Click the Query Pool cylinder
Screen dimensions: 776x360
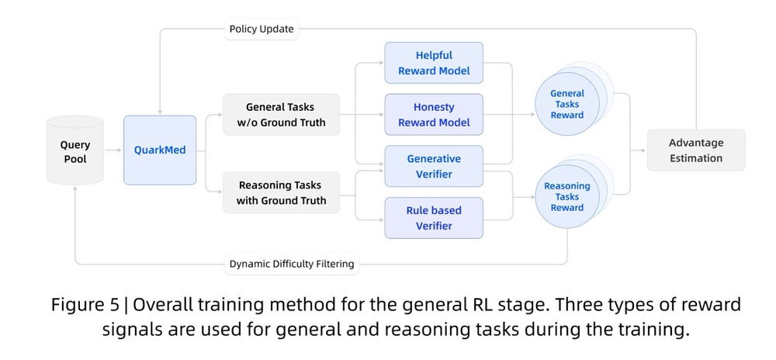pos(74,150)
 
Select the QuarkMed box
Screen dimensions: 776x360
pos(160,150)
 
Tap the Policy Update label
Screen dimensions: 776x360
pos(262,29)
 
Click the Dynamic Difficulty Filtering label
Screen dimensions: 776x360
pos(292,264)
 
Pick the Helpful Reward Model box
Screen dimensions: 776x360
pos(434,63)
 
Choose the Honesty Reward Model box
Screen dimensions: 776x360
pos(434,114)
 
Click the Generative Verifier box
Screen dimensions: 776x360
pos(434,166)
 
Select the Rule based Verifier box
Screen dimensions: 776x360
pos(434,217)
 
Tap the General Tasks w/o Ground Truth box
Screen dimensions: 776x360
pos(281,114)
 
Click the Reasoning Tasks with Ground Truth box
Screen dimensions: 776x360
pos(281,192)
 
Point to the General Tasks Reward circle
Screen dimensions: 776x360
pos(567,104)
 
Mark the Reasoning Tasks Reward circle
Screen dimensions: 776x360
pos(567,196)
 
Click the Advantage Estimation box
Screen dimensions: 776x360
pos(696,151)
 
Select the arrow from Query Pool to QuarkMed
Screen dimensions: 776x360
pos(113,150)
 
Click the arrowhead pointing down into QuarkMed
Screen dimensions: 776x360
pos(160,112)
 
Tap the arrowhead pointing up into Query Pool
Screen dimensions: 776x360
pos(75,189)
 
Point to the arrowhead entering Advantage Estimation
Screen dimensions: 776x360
pos(644,151)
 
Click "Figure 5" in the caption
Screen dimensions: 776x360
pos(85,305)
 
